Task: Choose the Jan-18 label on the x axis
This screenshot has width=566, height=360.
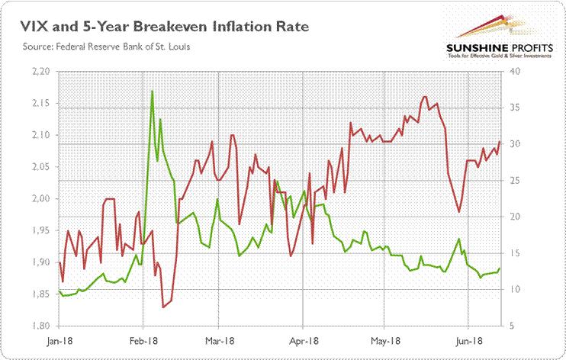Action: click(x=59, y=341)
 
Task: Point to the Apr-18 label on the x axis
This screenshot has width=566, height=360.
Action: click(x=304, y=341)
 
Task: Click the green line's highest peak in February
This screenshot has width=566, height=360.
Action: click(x=153, y=91)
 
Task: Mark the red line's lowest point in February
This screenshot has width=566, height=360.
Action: click(x=163, y=307)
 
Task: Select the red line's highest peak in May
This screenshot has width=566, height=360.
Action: click(x=424, y=97)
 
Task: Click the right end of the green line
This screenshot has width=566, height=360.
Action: click(x=500, y=268)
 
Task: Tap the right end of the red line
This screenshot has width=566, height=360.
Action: click(x=500, y=141)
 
